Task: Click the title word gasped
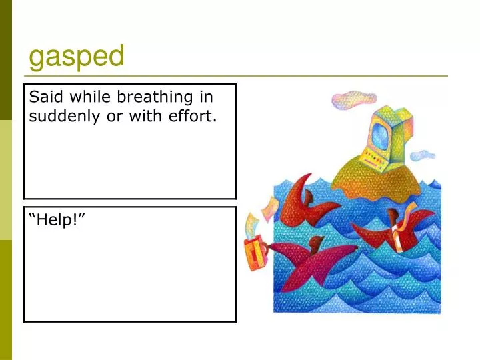[76, 57]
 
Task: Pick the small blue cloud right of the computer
[423, 156]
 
